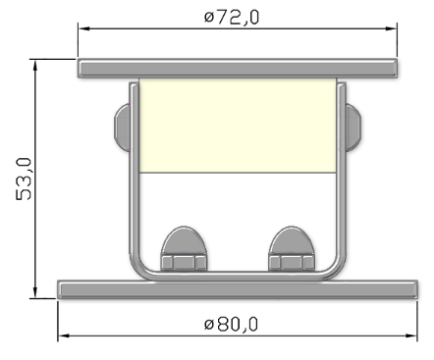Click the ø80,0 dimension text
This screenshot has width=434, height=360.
coord(233,324)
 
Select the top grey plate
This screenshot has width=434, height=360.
coord(239,69)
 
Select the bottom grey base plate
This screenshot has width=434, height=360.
coord(239,288)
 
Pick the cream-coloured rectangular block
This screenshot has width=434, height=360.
coord(238,126)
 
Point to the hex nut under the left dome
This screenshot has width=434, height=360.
coord(183,262)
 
